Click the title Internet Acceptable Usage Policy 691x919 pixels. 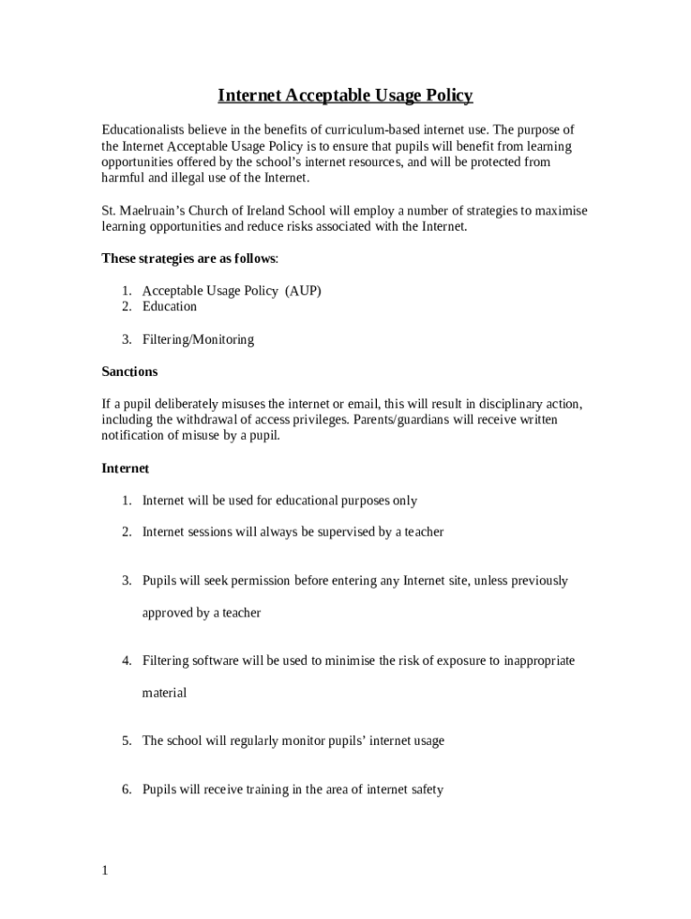(x=345, y=95)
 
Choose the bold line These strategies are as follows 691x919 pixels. (x=189, y=258)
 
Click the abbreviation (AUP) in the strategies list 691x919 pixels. (x=302, y=291)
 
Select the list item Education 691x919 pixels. (x=169, y=307)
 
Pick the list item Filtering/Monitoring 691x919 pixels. (x=197, y=340)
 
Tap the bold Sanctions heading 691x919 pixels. (x=129, y=372)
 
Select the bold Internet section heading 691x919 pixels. (x=125, y=468)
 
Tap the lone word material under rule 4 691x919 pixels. (x=164, y=693)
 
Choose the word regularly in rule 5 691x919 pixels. (x=253, y=741)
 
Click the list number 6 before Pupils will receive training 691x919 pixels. (x=127, y=791)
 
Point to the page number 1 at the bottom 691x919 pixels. (x=105, y=871)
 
